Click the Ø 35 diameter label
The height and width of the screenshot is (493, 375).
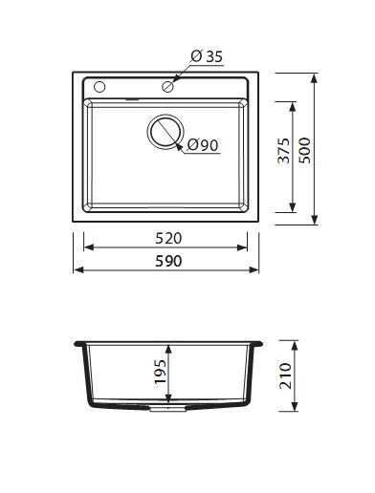[207, 56]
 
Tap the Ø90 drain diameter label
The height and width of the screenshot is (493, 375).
[203, 145]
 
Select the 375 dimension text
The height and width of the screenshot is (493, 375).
[283, 151]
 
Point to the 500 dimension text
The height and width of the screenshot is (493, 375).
[305, 151]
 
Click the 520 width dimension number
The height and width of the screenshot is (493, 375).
[168, 238]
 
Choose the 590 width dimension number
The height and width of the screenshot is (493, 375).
[168, 261]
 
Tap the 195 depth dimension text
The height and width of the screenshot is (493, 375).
[160, 372]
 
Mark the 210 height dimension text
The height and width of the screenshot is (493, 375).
[285, 375]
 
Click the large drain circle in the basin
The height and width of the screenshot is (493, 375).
[165, 131]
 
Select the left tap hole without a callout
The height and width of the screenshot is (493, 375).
[99, 87]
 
